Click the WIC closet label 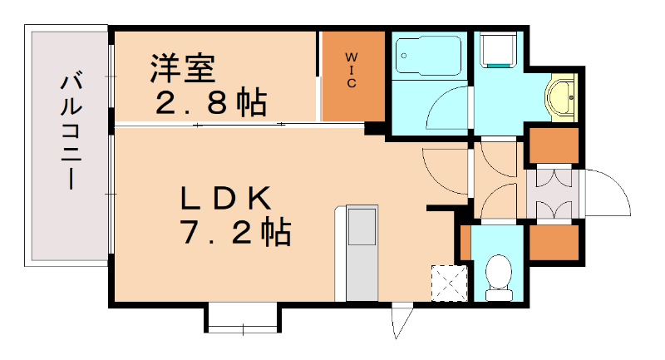(x=352, y=71)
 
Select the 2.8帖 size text (x=212, y=103)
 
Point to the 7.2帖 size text (x=235, y=233)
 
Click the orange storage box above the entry (x=554, y=145)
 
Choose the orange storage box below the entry (x=554, y=242)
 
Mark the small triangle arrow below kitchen (x=401, y=321)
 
